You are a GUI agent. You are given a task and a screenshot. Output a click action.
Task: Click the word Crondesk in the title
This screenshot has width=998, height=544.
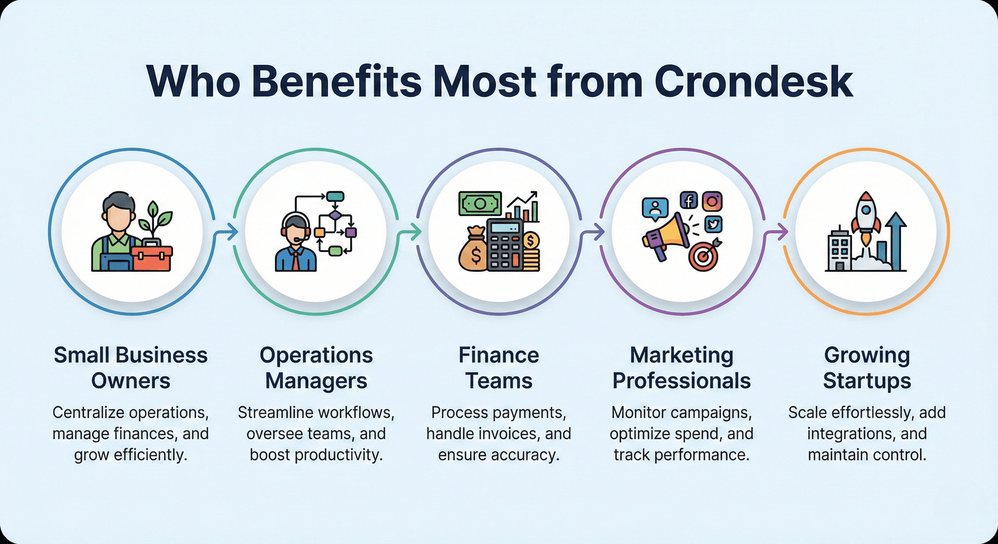point(753,82)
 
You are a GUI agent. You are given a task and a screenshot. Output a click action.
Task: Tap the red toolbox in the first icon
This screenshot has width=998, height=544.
point(152,258)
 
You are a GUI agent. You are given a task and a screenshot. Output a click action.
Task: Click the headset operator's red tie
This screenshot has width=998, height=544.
point(295,259)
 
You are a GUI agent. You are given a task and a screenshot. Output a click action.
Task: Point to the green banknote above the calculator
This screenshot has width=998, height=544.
point(479,204)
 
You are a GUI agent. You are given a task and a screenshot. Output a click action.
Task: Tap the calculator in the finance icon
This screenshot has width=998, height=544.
point(504,244)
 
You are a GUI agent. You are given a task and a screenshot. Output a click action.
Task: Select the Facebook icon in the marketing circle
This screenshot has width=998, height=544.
point(689,200)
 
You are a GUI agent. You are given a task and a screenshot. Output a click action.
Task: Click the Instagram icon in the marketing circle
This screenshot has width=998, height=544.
point(712,201)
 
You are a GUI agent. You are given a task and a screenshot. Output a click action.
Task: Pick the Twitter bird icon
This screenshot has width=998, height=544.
point(713,224)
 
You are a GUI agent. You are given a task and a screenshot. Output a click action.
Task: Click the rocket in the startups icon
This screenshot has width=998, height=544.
point(865,216)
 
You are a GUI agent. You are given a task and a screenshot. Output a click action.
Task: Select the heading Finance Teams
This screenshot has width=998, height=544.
point(498,368)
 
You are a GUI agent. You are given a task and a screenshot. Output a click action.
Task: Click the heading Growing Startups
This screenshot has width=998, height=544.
point(866,368)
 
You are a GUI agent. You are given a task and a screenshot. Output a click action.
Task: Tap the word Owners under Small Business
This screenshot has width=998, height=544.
point(130,381)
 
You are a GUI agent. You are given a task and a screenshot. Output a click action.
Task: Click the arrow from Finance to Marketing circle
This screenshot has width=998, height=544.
point(594,232)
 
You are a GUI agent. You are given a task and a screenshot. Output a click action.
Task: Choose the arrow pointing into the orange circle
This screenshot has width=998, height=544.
point(777,232)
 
